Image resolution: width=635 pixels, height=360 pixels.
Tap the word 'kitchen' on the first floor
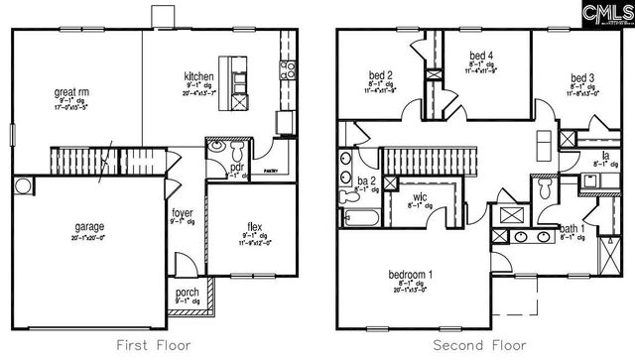coord(198,76)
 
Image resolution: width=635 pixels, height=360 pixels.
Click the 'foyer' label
coord(182,213)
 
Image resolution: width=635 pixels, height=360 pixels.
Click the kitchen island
coord(238,78)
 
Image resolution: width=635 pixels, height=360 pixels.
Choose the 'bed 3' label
coord(582,78)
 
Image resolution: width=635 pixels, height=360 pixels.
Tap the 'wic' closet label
coord(421,198)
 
